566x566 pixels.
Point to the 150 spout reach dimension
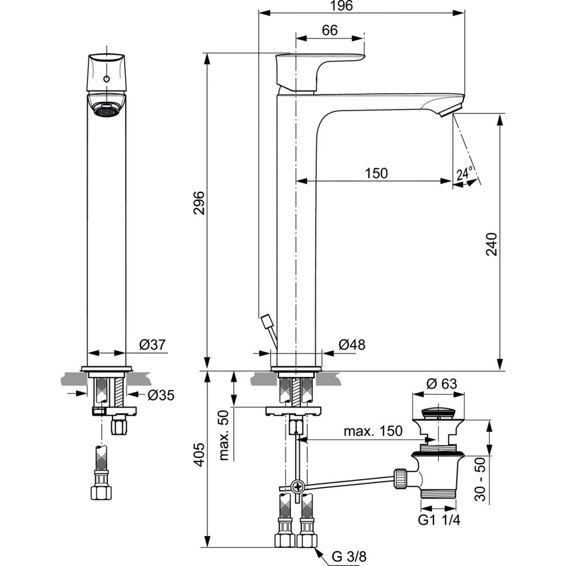pos(376,173)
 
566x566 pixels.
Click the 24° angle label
pos(464,174)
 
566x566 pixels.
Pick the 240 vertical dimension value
pos(491,244)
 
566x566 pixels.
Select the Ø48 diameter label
pos(352,344)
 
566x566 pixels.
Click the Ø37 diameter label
pos(152,344)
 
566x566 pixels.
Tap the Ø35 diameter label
pos(160,395)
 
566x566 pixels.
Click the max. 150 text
pos(373,431)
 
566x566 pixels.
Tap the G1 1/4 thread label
pos(438,519)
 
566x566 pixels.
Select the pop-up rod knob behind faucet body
pos(268,323)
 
